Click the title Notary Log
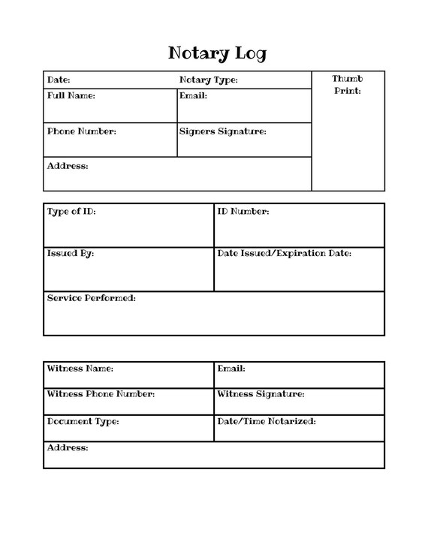[x=217, y=53]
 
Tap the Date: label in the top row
[x=59, y=80]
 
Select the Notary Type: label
[x=208, y=80]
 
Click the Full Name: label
[x=71, y=96]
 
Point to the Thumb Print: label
[x=347, y=85]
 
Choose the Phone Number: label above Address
[x=82, y=131]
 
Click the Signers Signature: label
[x=223, y=131]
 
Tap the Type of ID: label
[x=71, y=212]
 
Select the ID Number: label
[x=243, y=212]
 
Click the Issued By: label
[x=71, y=254]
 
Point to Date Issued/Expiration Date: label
[x=284, y=254]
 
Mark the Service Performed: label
[x=91, y=298]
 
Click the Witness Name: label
[x=80, y=369]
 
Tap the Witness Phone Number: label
[x=101, y=394]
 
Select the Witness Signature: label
[x=261, y=394]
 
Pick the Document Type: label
[x=83, y=422]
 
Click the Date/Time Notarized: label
[x=266, y=422]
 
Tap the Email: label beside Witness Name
[x=231, y=369]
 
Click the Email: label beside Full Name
[x=193, y=96]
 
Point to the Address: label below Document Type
[x=68, y=448]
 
